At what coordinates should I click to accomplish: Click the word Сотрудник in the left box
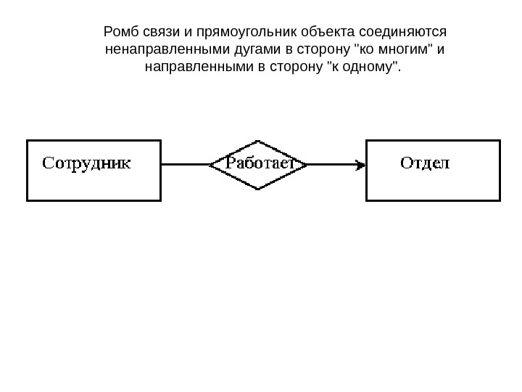[86, 163]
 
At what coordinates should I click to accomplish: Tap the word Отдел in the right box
[425, 163]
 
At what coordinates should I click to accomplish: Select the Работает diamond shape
[258, 165]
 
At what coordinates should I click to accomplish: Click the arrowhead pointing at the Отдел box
[360, 165]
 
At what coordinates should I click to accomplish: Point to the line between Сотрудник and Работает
[185, 165]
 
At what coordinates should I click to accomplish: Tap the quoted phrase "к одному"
[363, 68]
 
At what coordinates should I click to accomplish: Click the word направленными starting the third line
[190, 68]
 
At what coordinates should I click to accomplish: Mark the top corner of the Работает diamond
[258, 141]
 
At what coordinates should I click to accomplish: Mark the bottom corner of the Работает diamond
[258, 189]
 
